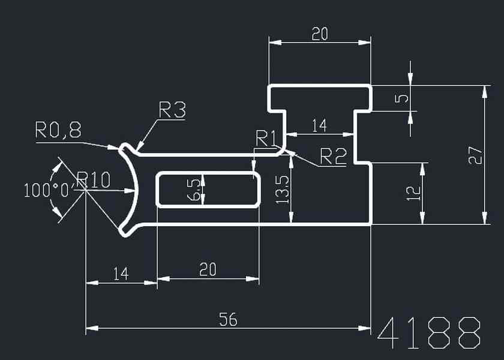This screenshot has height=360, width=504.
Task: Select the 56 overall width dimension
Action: click(228, 320)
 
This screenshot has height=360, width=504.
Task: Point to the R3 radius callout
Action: click(172, 110)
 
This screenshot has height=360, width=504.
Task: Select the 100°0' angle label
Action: click(48, 191)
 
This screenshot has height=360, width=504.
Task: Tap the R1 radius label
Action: click(265, 138)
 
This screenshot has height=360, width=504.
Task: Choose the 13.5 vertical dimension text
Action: click(284, 189)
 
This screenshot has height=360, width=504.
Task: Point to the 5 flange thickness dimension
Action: click(403, 97)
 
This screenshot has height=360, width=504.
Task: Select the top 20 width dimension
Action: click(320, 34)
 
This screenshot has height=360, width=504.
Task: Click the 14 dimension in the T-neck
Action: click(320, 125)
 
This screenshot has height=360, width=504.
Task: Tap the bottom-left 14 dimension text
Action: click(121, 274)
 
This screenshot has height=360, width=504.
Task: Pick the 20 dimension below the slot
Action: click(208, 271)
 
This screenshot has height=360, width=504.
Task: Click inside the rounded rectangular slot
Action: click(228, 189)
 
